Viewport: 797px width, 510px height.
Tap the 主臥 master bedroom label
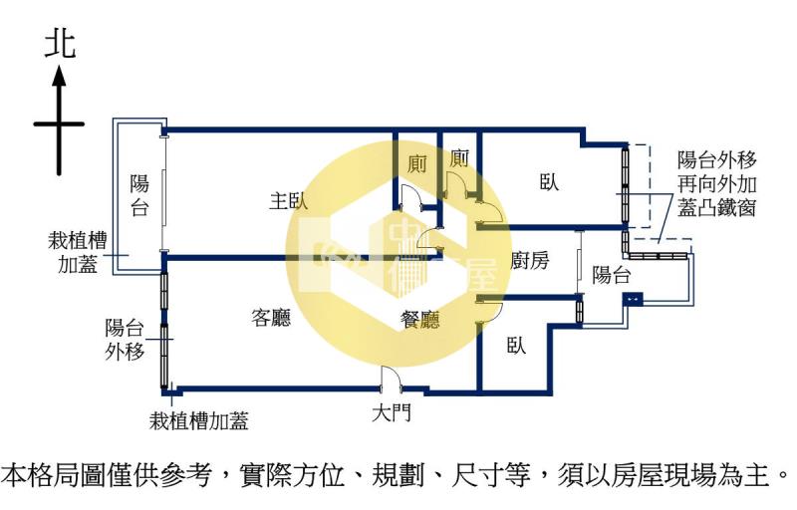click(289, 201)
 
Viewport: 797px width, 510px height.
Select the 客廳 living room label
click(271, 318)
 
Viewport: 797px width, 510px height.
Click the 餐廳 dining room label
click(419, 320)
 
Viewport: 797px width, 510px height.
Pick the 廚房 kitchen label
click(530, 261)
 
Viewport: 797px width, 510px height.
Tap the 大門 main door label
click(392, 412)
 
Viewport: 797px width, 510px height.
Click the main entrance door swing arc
click(391, 378)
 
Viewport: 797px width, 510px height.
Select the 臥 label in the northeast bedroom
click(550, 182)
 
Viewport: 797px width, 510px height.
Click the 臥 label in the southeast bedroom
click(516, 346)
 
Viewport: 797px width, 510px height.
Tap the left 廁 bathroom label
click(417, 164)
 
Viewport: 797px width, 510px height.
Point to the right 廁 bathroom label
click(459, 158)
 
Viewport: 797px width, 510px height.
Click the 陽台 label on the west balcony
click(139, 195)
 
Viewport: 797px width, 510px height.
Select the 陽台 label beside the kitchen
click(612, 275)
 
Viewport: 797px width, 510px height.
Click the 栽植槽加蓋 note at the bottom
click(198, 421)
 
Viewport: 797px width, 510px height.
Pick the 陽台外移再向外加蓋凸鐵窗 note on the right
click(717, 184)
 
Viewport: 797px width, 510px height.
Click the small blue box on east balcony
click(633, 299)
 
